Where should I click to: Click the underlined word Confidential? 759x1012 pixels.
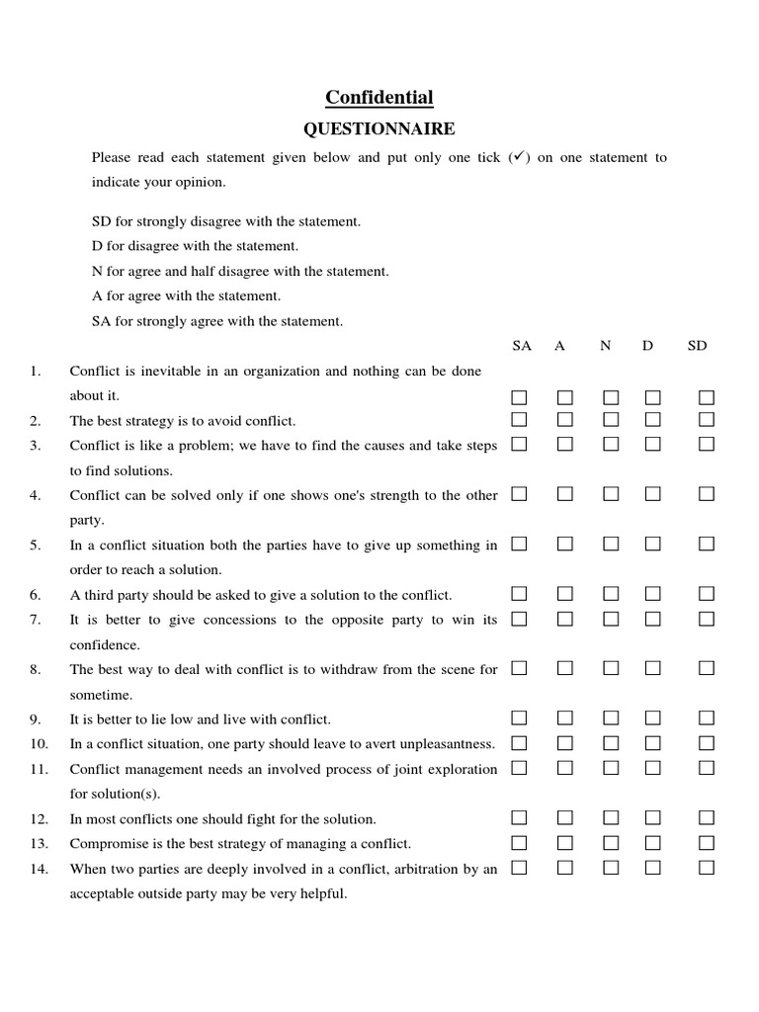coord(379,97)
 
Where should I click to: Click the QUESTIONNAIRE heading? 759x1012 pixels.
coord(379,128)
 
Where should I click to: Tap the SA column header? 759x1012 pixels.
coord(522,346)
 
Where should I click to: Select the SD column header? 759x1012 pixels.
coord(698,346)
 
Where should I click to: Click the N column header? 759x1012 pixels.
coord(605,346)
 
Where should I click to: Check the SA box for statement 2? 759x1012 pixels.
coord(519,420)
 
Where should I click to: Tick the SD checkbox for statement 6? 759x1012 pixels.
coord(707,594)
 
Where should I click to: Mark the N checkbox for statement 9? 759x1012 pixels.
coord(611,718)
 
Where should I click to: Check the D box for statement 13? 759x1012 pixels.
coord(653,843)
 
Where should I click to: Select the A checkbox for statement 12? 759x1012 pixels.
coord(564,818)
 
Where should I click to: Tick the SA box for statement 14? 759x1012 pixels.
coord(519,868)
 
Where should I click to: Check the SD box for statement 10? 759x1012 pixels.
coord(707,743)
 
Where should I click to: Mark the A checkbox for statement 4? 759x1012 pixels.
coord(564,494)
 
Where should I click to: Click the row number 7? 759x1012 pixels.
coord(36,620)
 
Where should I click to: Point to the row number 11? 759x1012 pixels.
coord(39,769)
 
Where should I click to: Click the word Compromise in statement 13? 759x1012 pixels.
coord(103,844)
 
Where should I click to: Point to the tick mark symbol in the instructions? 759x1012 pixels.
coord(517,157)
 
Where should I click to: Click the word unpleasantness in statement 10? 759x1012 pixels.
coord(450,744)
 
